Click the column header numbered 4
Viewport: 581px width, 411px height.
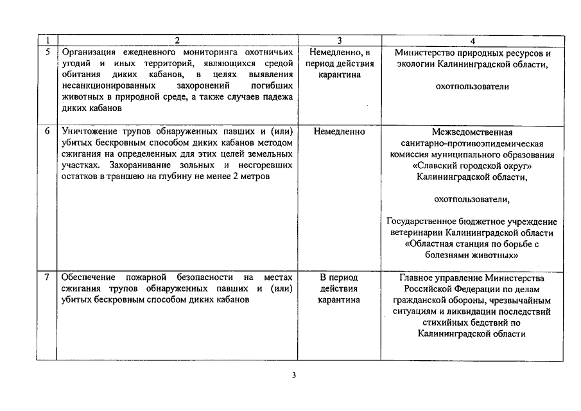pyautogui.click(x=473, y=40)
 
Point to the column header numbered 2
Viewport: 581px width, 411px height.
pyautogui.click(x=177, y=40)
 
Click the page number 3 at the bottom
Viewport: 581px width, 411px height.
pyautogui.click(x=293, y=376)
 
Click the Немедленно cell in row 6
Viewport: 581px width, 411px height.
pyautogui.click(x=339, y=132)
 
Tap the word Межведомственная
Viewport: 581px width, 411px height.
pyautogui.click(x=473, y=132)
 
